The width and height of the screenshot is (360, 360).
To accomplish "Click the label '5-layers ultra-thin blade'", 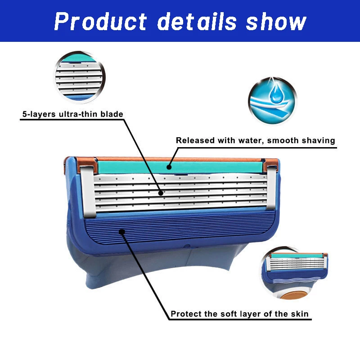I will click(72, 114).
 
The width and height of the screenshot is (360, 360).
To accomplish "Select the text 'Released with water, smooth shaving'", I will click(255, 140).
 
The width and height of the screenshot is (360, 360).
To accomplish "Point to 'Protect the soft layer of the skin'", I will click(239, 314).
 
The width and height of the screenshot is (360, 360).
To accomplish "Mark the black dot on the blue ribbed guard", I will click(121, 231).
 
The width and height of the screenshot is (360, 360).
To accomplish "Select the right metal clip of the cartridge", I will click(271, 188).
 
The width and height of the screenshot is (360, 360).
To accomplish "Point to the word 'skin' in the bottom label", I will click(299, 314).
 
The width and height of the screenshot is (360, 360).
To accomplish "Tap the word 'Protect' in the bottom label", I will click(186, 314).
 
